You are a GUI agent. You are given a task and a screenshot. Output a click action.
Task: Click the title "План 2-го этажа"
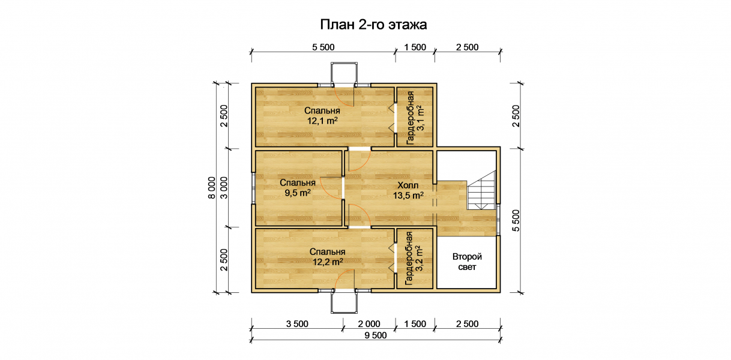point(373,25)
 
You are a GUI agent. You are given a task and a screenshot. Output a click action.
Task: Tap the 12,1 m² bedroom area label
point(322,116)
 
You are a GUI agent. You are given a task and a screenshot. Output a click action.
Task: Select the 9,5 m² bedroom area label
point(298,188)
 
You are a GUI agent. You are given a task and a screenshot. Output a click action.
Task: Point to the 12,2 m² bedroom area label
point(328,257)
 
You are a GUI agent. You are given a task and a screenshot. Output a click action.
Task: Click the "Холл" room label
point(408,186)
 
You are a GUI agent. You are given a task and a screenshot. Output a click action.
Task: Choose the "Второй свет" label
point(467,262)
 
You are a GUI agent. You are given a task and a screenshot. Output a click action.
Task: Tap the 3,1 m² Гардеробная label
point(415,118)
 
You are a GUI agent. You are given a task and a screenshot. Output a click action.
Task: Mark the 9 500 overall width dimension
point(376,335)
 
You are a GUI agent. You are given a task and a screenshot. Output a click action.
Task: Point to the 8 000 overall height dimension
point(212,188)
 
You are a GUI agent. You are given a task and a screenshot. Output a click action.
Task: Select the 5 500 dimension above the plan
point(323,47)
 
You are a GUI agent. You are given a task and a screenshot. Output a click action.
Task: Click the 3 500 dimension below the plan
point(297,324)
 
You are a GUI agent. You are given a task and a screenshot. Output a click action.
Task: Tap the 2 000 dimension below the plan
point(369,324)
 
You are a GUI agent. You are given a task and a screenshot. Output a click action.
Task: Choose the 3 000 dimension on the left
point(224,188)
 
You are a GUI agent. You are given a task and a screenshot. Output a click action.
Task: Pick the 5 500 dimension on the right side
point(516,220)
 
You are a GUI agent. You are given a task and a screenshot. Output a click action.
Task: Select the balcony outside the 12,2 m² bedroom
point(344,301)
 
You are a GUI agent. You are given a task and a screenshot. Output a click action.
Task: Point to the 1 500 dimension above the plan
point(415,47)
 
